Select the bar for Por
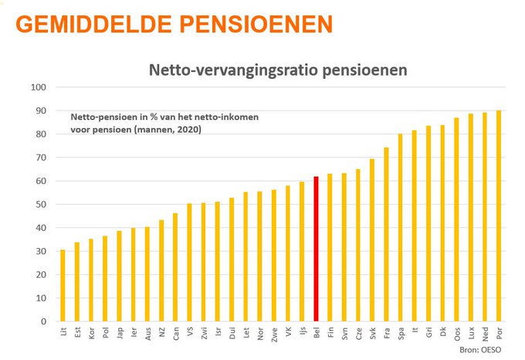point(498,216)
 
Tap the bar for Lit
point(63,285)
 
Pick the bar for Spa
point(400,227)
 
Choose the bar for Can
point(175,267)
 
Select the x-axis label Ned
point(484,335)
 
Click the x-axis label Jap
point(119,335)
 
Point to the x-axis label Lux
point(470,335)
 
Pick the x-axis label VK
point(287,334)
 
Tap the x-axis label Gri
point(428,334)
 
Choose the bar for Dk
point(442,223)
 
